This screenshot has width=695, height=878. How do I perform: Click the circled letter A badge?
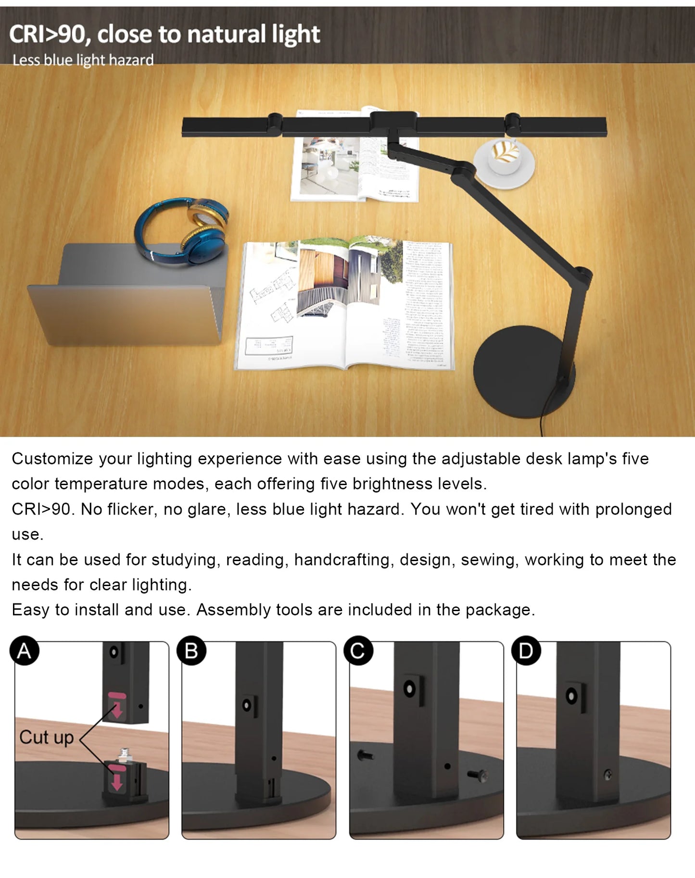pyautogui.click(x=25, y=651)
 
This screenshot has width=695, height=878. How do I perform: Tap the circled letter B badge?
pyautogui.click(x=191, y=651)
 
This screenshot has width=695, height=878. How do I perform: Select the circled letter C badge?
pyautogui.click(x=358, y=651)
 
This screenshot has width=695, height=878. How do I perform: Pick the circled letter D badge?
pyautogui.click(x=526, y=651)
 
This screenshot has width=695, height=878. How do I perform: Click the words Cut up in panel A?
pyautogui.click(x=46, y=737)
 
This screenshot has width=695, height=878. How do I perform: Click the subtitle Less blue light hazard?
pyautogui.click(x=83, y=60)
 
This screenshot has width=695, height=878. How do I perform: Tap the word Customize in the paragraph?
pyautogui.click(x=52, y=459)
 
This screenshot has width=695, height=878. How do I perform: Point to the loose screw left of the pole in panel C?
pyautogui.click(x=365, y=755)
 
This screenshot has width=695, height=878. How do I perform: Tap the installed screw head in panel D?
pyautogui.click(x=608, y=774)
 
